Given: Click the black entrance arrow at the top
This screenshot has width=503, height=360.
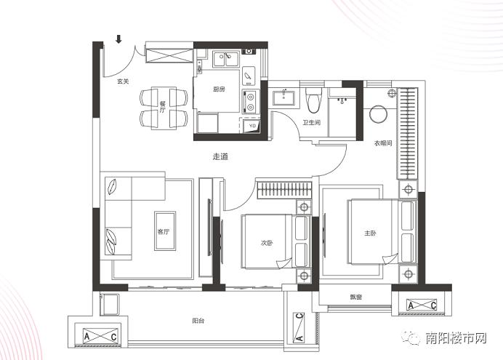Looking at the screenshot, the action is tap(119, 39).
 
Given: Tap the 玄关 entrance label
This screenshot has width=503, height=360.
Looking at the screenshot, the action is tap(123, 81).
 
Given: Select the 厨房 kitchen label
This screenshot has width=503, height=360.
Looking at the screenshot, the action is tap(219, 89).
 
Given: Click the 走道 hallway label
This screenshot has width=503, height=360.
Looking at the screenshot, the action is tap(220, 156).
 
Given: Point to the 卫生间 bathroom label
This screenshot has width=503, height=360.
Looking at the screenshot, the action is tap(312, 122).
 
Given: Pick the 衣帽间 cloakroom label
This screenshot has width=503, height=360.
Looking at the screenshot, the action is tap(383, 143).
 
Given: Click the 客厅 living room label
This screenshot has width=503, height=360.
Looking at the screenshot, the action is tap(164, 232).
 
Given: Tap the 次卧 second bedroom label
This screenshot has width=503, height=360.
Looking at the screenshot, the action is tap(267, 243).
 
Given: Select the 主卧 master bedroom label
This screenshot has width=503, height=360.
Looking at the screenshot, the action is tap(370, 233).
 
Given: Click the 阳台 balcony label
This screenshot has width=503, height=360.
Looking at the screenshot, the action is tap(198, 321).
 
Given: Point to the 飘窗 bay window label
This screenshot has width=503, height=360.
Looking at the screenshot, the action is tap(355, 297).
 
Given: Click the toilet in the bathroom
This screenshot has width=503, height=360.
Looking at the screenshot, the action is tap(313, 100).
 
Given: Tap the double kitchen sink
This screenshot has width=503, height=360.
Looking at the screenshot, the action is tap(225, 60).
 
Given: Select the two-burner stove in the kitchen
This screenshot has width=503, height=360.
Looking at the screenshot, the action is tap(249, 102).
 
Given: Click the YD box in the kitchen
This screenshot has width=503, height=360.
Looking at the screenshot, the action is tap(252, 126).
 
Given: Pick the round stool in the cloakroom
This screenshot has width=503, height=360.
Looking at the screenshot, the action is tap(379, 114).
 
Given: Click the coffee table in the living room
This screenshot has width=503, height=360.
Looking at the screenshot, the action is tap(165, 231).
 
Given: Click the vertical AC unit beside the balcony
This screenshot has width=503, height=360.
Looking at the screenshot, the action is tap(299, 327).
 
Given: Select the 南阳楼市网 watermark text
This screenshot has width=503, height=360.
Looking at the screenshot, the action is tap(456, 338).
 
